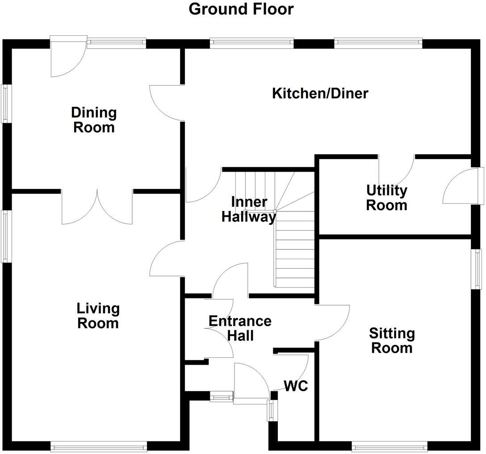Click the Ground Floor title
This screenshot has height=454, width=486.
click(x=241, y=9)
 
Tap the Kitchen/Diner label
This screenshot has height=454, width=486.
click(x=320, y=93)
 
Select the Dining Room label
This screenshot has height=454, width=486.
click(x=94, y=120)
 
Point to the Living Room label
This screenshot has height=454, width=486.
click(x=98, y=315)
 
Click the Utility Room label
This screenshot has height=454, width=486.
click(x=387, y=198)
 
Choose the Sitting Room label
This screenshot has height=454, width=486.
click(x=392, y=340)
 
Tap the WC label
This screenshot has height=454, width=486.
click(x=296, y=386)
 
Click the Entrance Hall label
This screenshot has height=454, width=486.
click(x=240, y=328)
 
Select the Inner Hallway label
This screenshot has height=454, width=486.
click(x=249, y=209)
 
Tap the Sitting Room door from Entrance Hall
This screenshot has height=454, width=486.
click(x=331, y=323)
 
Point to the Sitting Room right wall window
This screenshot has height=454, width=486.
click(x=478, y=269)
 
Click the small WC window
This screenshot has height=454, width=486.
click(x=271, y=410)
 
